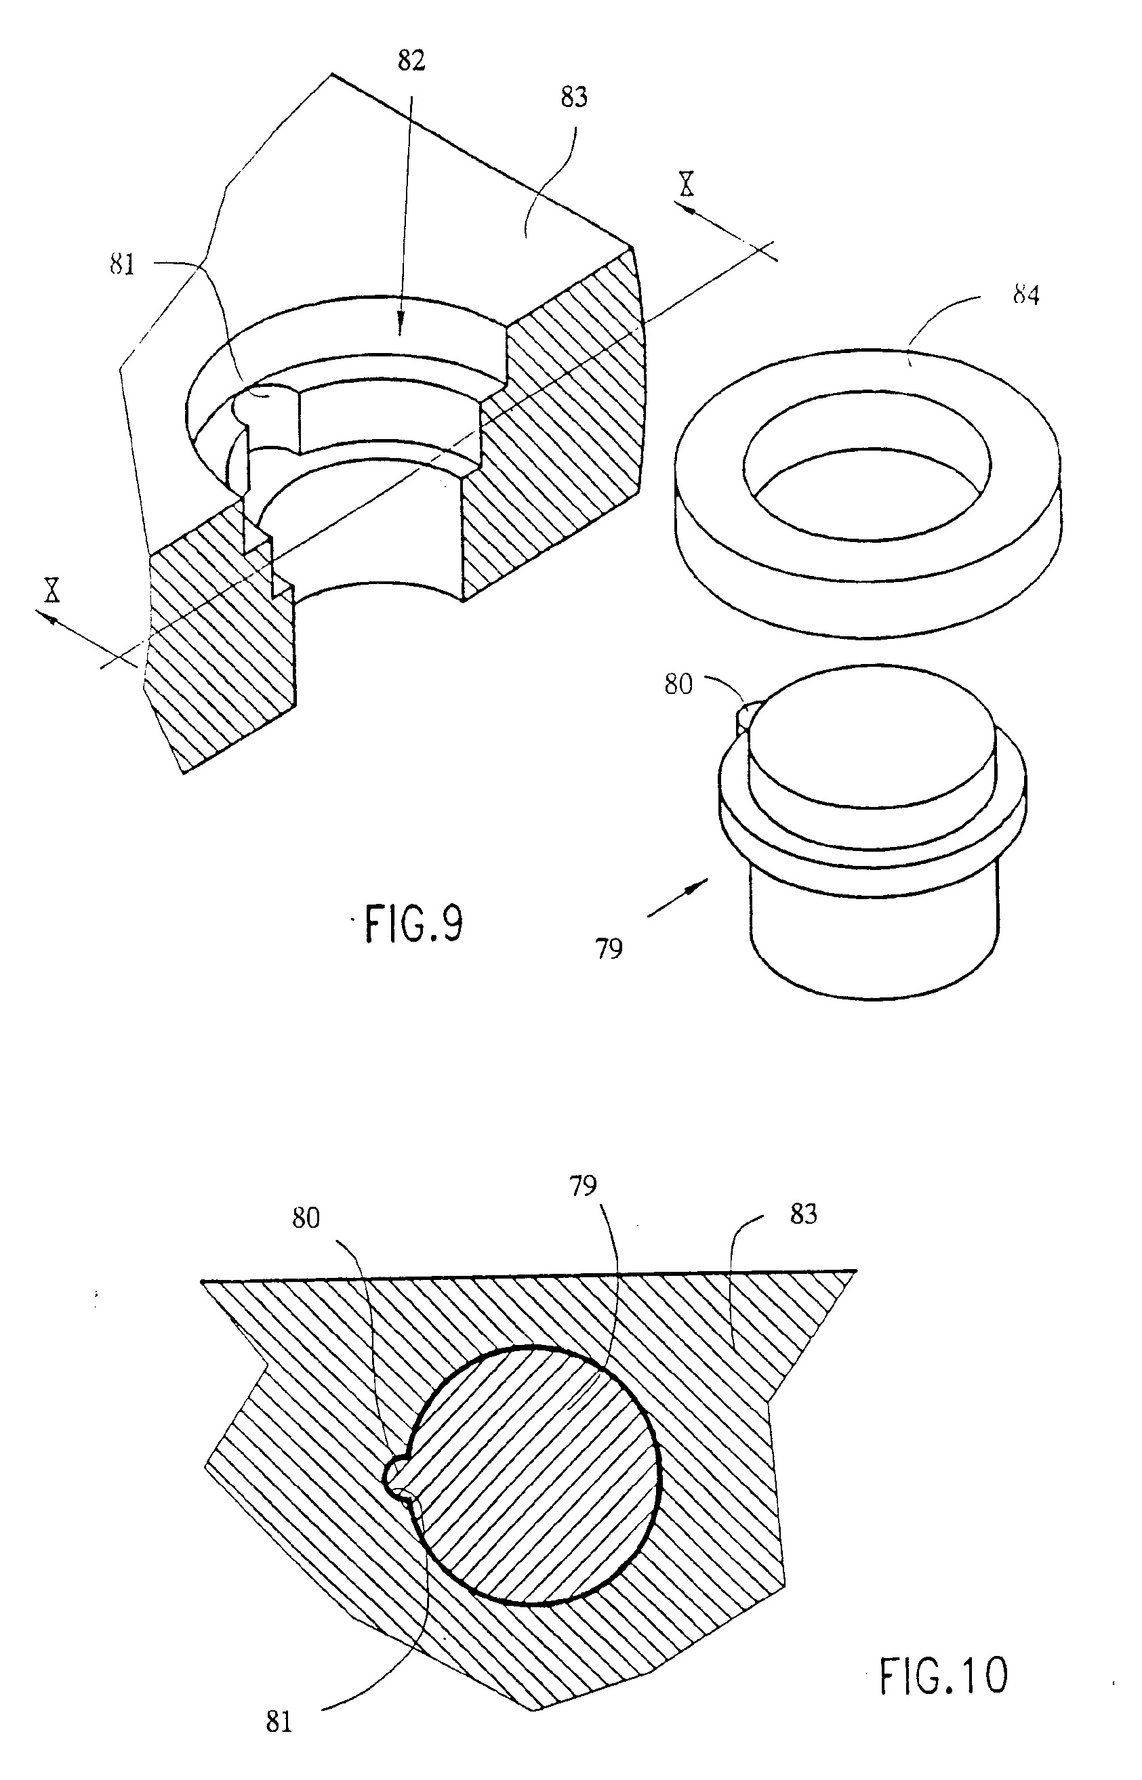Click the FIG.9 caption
point(414,924)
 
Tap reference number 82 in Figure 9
point(411,61)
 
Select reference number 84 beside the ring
point(1025,296)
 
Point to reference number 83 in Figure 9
point(574,97)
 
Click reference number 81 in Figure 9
point(123,265)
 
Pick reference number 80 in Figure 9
point(678,684)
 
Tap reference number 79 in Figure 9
point(609,949)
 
